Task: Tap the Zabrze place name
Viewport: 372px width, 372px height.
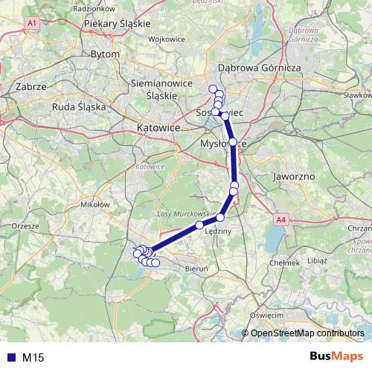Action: [31, 87]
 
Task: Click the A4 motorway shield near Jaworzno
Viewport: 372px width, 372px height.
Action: [280, 220]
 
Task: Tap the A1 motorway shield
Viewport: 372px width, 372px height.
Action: [31, 24]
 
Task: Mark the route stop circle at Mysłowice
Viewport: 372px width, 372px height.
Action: [233, 141]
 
